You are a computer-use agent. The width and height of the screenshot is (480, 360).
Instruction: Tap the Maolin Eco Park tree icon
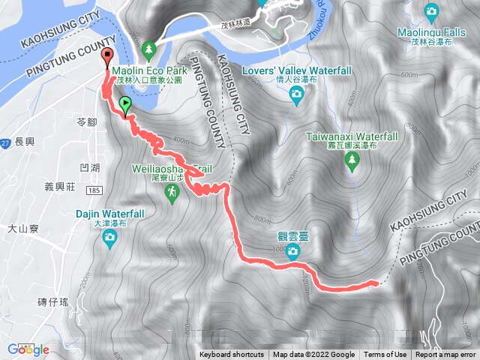tap(149, 49)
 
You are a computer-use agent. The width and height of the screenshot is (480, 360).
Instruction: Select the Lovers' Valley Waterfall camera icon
tap(296, 93)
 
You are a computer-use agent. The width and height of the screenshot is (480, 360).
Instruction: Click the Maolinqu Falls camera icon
tap(431, 11)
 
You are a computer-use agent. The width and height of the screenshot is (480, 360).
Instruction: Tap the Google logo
tap(28, 349)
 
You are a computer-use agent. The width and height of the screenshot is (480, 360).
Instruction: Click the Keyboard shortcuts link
tap(232, 355)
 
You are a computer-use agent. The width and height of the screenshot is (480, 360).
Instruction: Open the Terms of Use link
tap(385, 355)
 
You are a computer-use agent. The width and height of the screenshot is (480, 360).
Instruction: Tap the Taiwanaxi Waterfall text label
tap(352, 136)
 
